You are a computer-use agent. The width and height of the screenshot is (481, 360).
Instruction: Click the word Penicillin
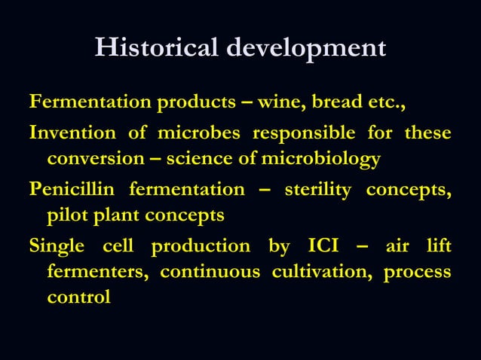(73, 190)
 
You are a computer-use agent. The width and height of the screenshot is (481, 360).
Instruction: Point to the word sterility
(317, 190)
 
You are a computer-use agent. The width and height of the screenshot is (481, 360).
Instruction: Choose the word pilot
(66, 216)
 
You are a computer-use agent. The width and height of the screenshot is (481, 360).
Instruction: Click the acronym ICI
(323, 246)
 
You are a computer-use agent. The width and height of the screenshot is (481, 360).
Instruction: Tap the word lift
(438, 246)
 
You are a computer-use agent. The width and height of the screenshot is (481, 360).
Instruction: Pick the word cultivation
(323, 271)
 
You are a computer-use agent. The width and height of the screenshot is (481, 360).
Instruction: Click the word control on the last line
(78, 297)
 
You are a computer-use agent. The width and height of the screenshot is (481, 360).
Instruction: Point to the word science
(198, 160)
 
